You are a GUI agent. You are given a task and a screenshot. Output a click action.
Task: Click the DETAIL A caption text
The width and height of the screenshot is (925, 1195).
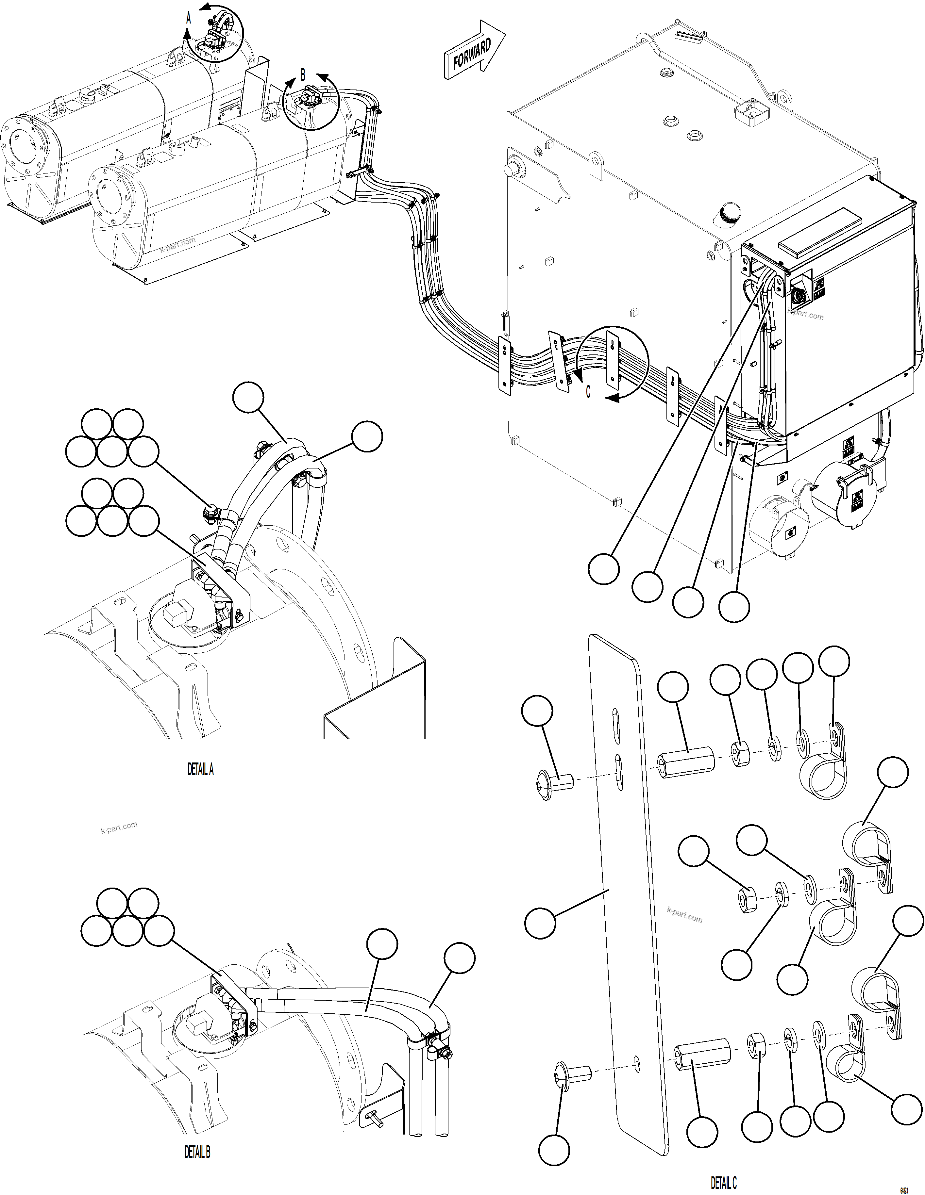[x=200, y=769]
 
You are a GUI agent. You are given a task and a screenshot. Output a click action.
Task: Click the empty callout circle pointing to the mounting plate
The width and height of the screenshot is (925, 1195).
[x=540, y=923]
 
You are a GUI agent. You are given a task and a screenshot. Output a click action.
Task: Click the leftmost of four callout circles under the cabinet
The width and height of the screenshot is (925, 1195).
[x=604, y=569]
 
